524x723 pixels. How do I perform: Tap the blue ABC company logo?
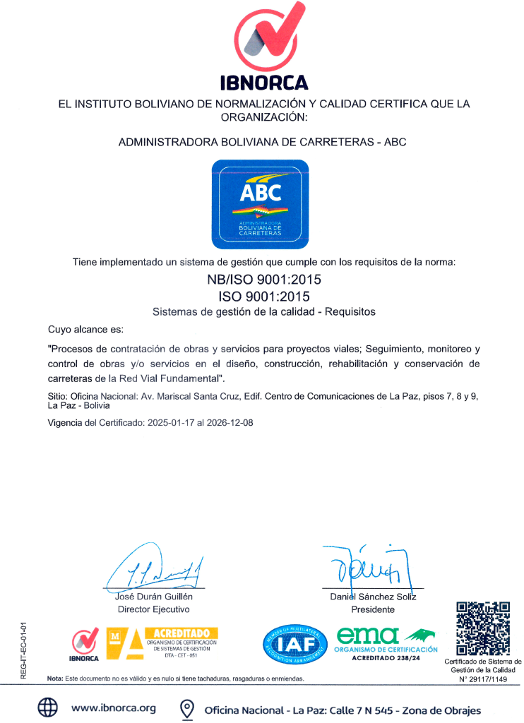coord(261,204)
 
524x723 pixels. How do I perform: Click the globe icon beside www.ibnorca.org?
coord(47,708)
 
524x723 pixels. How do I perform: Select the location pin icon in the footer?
coord(187,708)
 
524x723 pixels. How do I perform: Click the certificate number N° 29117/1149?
coord(483,679)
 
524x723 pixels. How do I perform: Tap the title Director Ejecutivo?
coord(153,609)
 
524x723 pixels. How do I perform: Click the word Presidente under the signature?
coord(373,609)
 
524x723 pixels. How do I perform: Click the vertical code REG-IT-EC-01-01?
coord(23,650)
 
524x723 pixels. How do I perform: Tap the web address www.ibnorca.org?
coord(113,708)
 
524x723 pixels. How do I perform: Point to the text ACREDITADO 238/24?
coord(386,658)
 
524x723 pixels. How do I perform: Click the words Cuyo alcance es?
coord(85,329)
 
